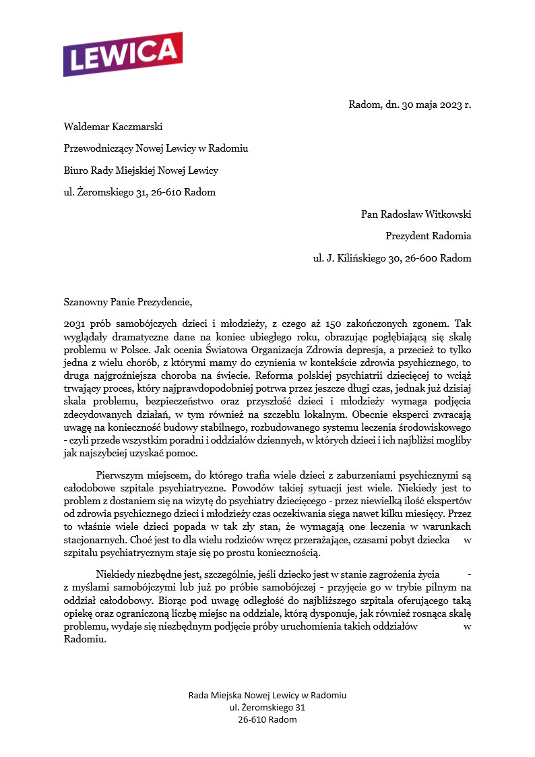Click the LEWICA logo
[x=123, y=54]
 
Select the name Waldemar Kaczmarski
[x=113, y=126]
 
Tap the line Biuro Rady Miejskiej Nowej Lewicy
[x=141, y=171]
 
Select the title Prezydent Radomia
[x=428, y=236]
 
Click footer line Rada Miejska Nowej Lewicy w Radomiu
[x=267, y=695]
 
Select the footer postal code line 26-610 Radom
[x=267, y=719]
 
